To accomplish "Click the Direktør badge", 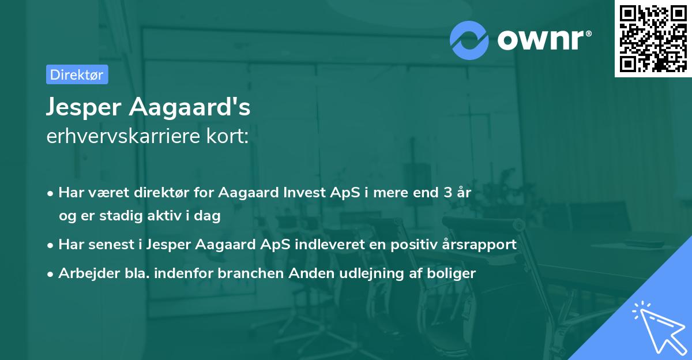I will point(77,74).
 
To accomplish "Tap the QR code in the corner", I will point(653,39).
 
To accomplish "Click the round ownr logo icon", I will point(469,40).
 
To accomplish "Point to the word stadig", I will point(110,216).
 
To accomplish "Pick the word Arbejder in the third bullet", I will point(85,273).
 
